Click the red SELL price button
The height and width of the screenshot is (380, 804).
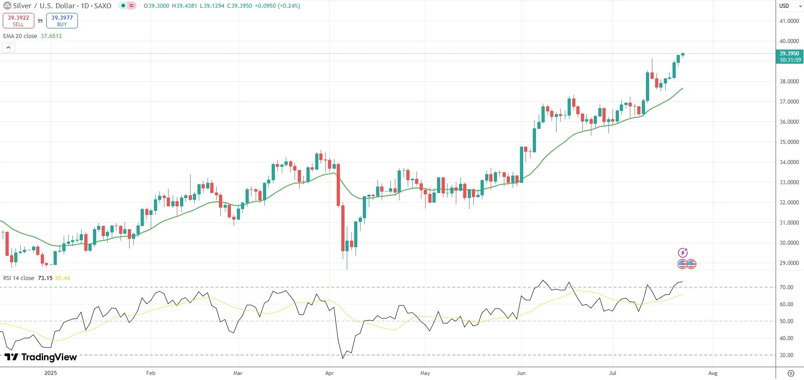click(18, 21)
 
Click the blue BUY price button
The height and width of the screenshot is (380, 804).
click(62, 21)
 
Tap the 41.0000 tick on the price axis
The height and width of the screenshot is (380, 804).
click(789, 21)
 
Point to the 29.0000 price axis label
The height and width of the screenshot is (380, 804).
click(789, 263)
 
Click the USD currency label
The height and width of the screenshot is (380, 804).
click(784, 6)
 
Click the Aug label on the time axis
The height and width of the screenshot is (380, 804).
click(713, 373)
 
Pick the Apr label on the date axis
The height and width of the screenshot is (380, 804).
click(329, 373)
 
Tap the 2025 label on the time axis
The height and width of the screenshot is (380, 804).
click(50, 373)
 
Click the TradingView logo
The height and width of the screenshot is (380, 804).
click(41, 357)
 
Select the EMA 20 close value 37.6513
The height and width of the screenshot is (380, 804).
click(51, 36)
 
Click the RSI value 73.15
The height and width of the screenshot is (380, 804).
click(45, 278)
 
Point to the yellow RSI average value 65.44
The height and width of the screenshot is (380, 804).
click(63, 278)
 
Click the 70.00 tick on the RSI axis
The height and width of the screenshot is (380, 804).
click(787, 287)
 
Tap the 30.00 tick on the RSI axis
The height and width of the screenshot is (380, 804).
click(787, 355)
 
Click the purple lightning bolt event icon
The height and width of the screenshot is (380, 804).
click(683, 253)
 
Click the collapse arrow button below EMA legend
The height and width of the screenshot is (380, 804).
click(9, 47)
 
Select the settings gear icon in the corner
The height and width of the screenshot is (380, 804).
click(790, 373)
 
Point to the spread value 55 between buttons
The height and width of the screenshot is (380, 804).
click(40, 21)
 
